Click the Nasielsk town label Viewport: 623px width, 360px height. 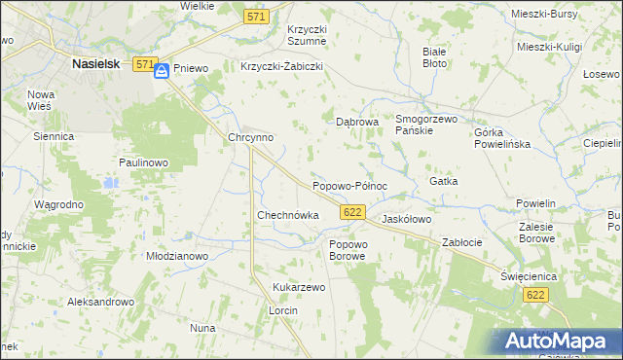95,63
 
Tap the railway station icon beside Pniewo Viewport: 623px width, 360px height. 163,70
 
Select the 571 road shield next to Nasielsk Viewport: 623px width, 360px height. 144,64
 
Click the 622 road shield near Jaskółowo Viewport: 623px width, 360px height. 353,212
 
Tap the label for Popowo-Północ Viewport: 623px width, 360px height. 350,185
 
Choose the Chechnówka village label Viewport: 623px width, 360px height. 288,215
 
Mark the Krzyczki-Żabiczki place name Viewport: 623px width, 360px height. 281,67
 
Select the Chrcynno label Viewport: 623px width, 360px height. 250,138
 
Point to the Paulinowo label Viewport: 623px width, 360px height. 145,162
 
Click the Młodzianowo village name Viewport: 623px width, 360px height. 177,256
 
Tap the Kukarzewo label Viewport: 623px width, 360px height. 299,288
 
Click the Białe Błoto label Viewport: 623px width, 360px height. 435,56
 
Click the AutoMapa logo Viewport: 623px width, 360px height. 557,341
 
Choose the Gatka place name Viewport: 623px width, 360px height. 443,181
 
